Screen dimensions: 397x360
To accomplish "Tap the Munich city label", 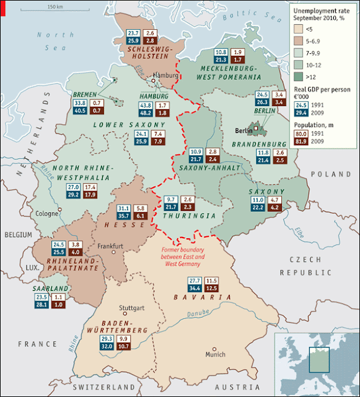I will pos(215,355).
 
